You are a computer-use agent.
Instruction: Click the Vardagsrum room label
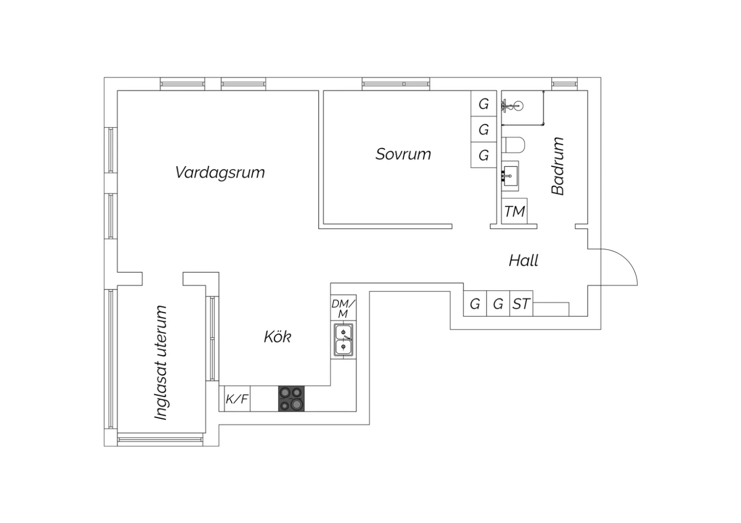coord(220,172)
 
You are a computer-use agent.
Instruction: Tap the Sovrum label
coord(403,154)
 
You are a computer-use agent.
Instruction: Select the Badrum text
coord(558,166)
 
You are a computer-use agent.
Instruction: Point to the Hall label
coord(523,260)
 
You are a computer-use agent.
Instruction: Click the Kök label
coord(277,337)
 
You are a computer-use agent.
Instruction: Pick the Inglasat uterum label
coord(161,363)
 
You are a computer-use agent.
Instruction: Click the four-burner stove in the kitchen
coord(291,398)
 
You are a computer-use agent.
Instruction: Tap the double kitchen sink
coord(343,340)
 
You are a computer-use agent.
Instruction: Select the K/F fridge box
coord(237,399)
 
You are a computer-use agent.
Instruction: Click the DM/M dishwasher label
coord(343,308)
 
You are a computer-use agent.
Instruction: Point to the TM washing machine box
coord(514,212)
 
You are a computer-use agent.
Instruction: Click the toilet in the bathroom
coord(514,146)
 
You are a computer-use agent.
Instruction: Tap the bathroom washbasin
coord(510,175)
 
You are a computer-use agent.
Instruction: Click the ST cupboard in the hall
coord(521,303)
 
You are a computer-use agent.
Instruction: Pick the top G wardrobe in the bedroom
coord(484,104)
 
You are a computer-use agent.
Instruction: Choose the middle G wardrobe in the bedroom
coord(484,129)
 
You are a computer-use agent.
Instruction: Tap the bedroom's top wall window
coord(396,84)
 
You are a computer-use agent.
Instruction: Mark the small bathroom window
coord(564,84)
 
